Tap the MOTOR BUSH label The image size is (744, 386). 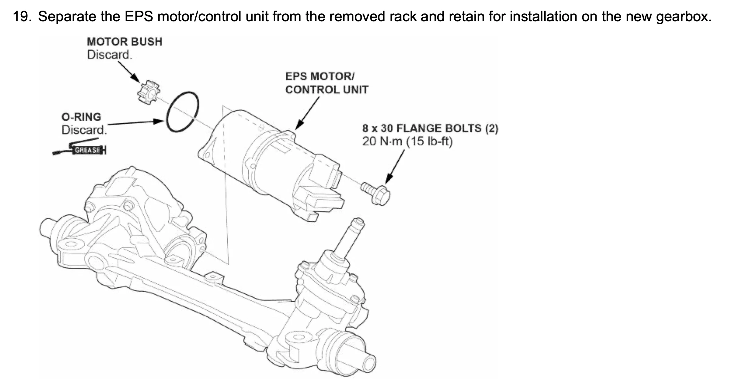point(124,42)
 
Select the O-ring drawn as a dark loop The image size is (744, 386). point(182,111)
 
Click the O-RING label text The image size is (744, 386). point(81,117)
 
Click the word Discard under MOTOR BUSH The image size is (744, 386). point(109,55)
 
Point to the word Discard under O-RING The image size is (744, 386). point(84,130)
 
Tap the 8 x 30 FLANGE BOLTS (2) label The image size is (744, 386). point(430,128)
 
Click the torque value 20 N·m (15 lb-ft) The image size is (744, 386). point(407,141)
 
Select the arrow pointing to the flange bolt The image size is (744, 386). point(395,167)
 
